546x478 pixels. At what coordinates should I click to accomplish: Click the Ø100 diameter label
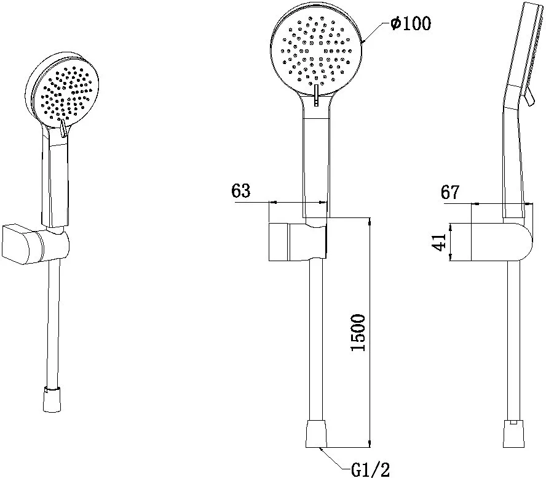pos(411,23)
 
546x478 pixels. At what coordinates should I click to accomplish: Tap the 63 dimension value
pos(241,190)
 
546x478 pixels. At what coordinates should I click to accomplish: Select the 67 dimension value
pos(450,192)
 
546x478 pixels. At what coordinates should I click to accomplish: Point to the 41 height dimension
pos(439,242)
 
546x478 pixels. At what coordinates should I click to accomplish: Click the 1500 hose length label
pos(358,333)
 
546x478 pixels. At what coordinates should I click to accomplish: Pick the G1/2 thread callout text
pos(371,469)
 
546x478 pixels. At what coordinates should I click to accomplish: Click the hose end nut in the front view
pos(317,434)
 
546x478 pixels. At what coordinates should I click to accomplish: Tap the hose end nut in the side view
pos(513,434)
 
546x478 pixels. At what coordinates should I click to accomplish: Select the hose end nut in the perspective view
pos(52,399)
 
